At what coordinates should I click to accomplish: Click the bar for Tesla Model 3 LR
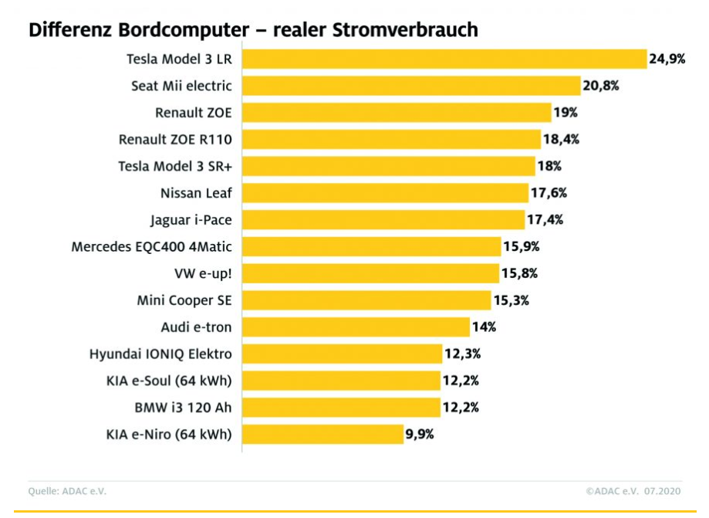(x=444, y=59)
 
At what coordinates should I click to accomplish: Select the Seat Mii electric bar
(x=411, y=86)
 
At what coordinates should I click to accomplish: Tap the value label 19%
(x=565, y=113)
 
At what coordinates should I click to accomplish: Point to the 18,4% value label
(x=561, y=140)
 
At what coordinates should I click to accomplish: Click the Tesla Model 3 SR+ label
(x=175, y=166)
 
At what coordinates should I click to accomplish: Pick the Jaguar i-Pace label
(x=191, y=220)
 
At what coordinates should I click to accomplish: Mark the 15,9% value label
(x=521, y=247)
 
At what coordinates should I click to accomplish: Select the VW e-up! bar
(x=370, y=273)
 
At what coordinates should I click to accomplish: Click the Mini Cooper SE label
(x=184, y=300)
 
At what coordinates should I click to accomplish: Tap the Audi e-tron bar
(x=356, y=327)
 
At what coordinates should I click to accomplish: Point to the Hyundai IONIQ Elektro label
(x=160, y=354)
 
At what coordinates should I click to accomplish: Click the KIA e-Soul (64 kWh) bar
(x=341, y=381)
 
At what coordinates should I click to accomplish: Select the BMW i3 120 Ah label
(x=183, y=408)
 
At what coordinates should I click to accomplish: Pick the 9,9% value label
(x=420, y=435)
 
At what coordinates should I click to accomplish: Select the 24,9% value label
(x=667, y=59)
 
